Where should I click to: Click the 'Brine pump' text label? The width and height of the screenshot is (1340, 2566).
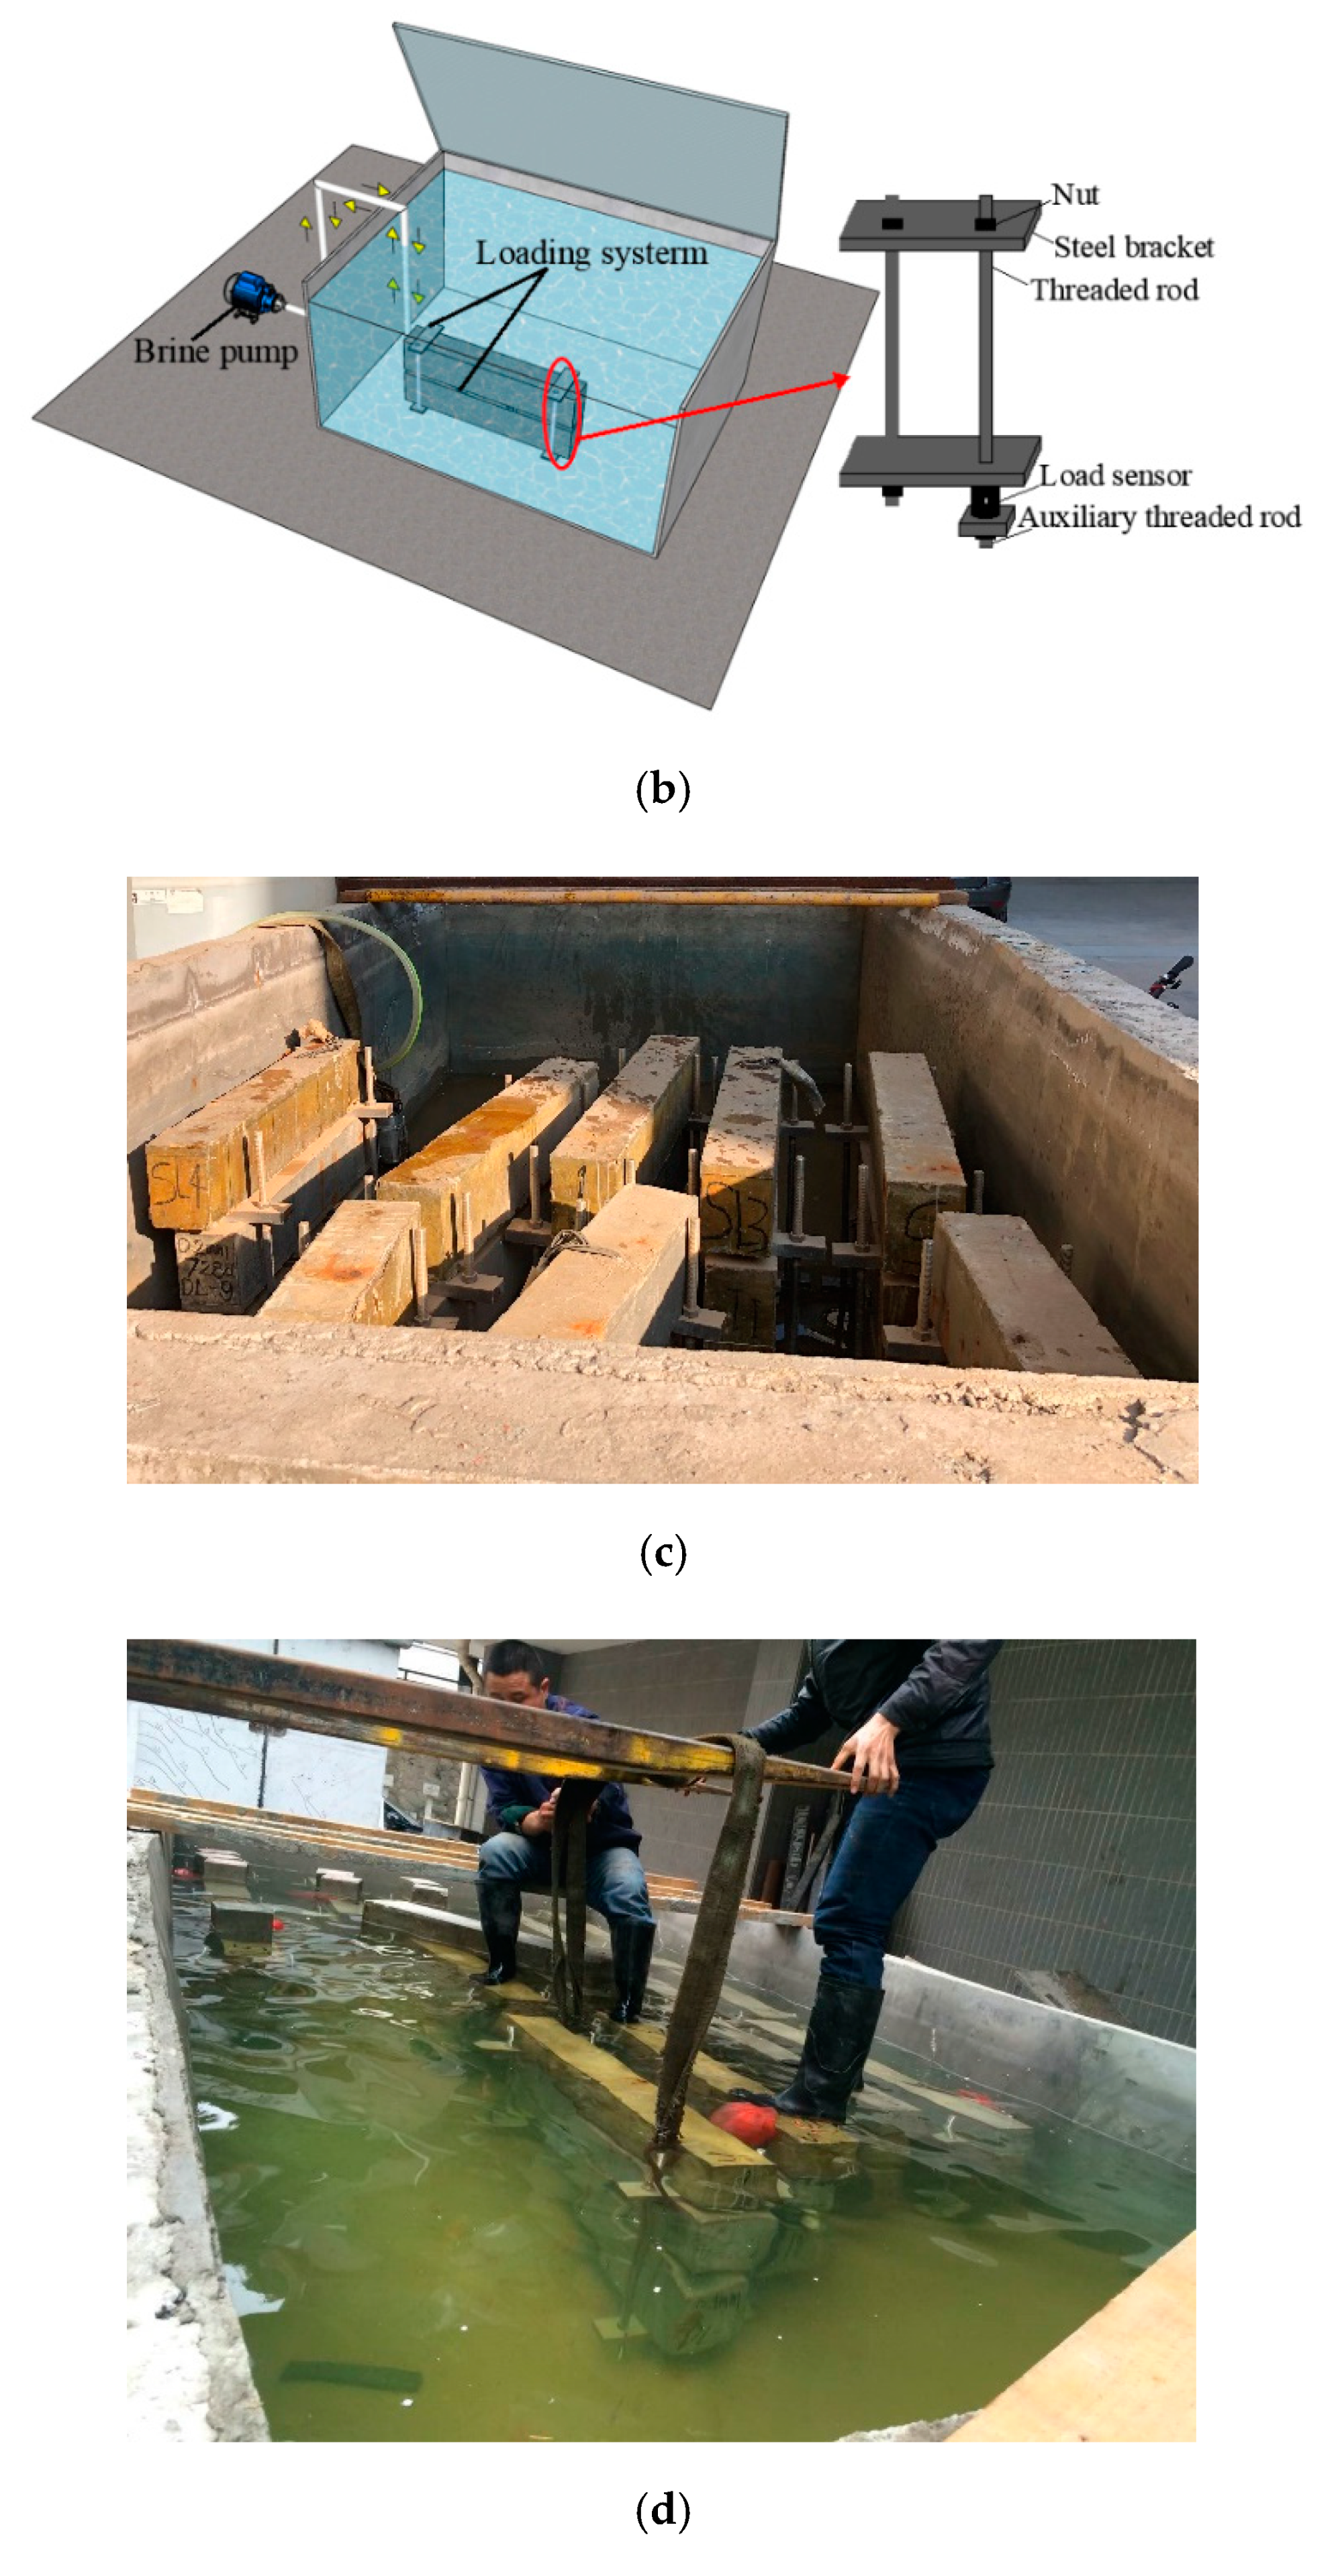(216, 352)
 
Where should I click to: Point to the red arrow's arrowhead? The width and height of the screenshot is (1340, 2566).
(844, 379)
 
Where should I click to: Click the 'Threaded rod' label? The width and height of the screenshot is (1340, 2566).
(1113, 290)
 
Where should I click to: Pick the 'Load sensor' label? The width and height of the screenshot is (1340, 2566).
(1115, 475)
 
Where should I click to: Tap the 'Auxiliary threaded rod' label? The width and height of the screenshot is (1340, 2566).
(1159, 517)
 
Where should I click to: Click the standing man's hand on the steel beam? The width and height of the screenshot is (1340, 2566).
(867, 1763)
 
